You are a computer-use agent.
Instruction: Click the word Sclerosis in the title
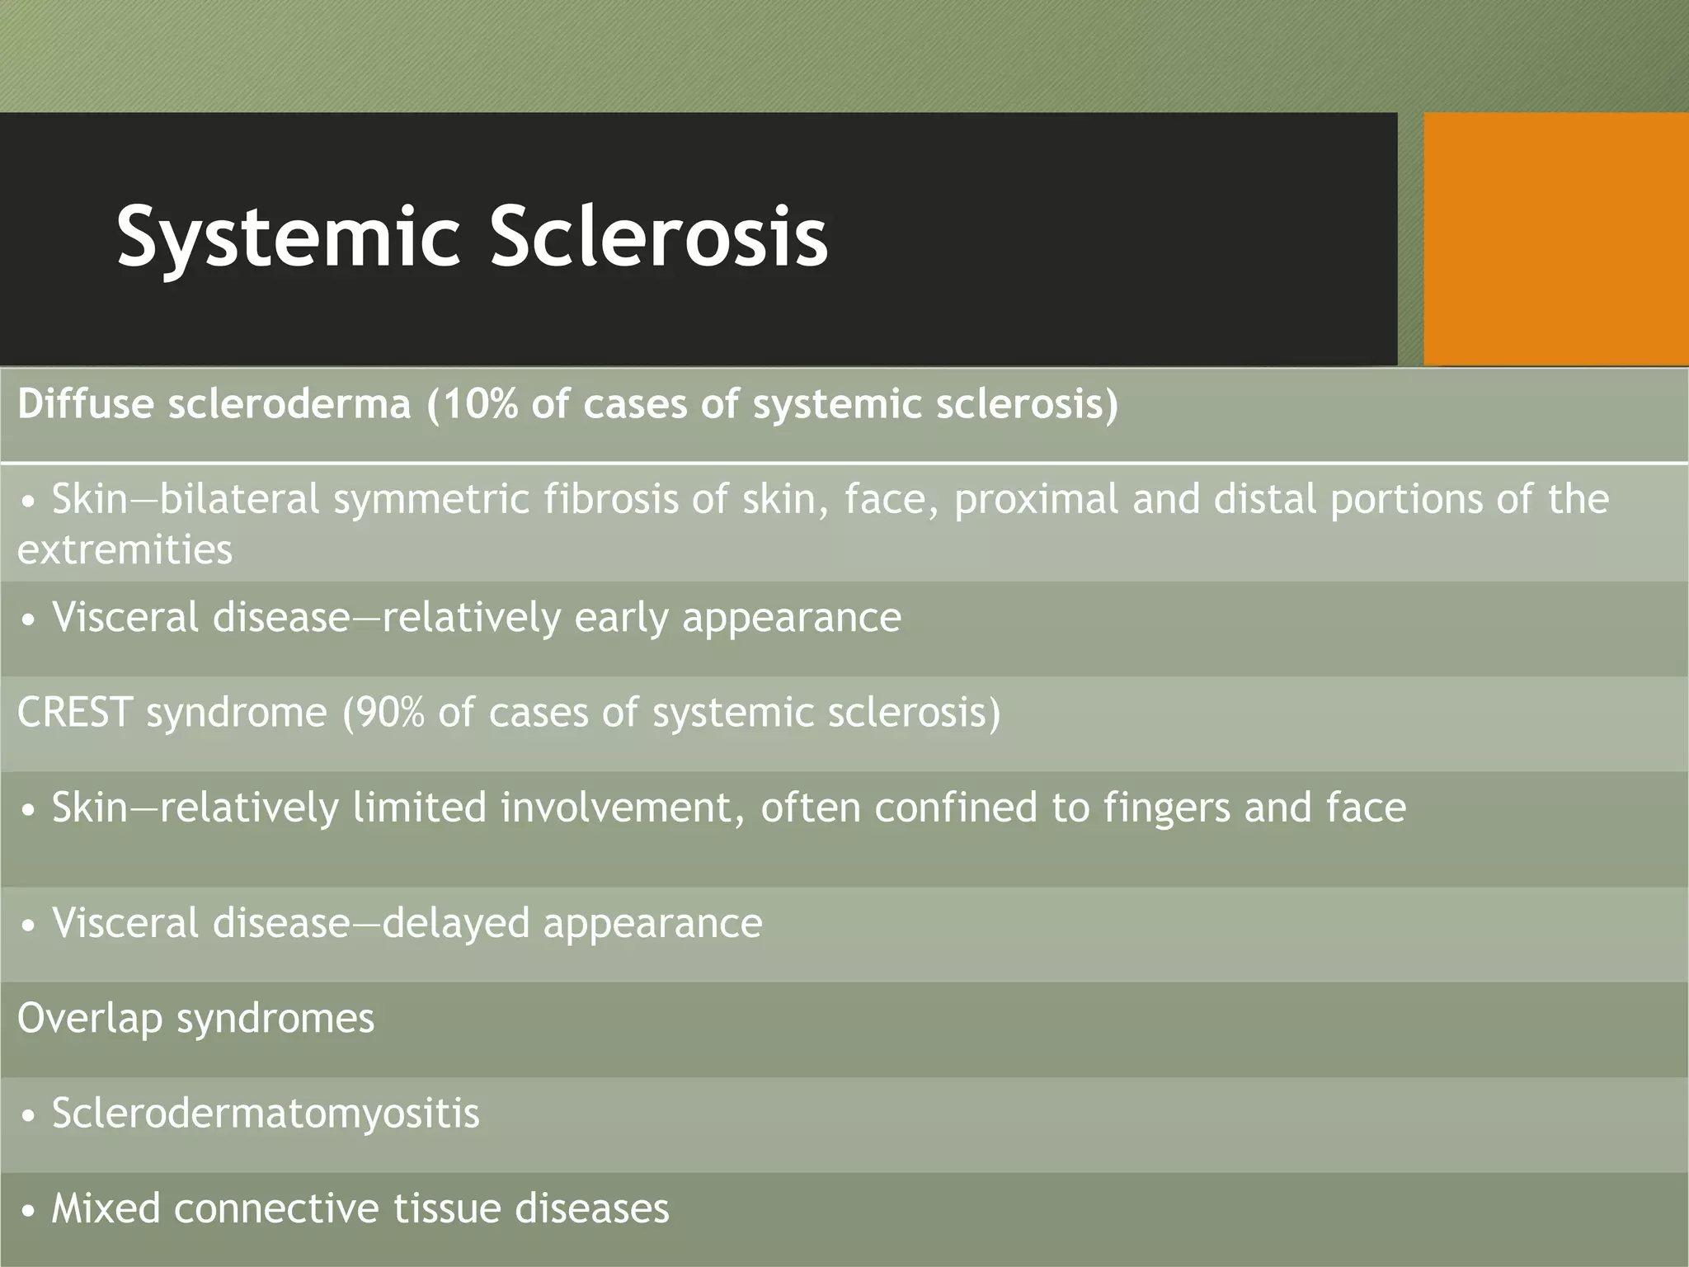tap(659, 236)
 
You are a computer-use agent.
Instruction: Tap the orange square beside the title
tap(1555, 239)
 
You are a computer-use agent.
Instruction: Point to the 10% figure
tap(478, 404)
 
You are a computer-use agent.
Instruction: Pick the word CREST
tap(75, 712)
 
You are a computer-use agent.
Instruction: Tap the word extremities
tap(125, 549)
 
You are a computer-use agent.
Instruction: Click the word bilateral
tap(240, 500)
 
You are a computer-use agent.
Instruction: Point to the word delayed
tap(456, 923)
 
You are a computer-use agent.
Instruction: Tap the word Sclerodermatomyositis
tap(266, 1114)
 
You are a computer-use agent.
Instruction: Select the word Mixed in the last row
tap(106, 1208)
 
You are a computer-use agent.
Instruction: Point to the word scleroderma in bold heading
tap(289, 404)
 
